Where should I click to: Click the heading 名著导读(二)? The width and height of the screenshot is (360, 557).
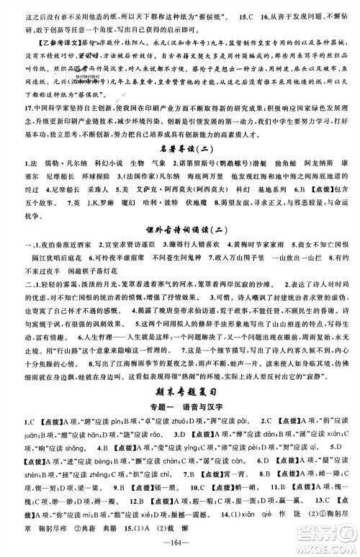coord(179,148)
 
